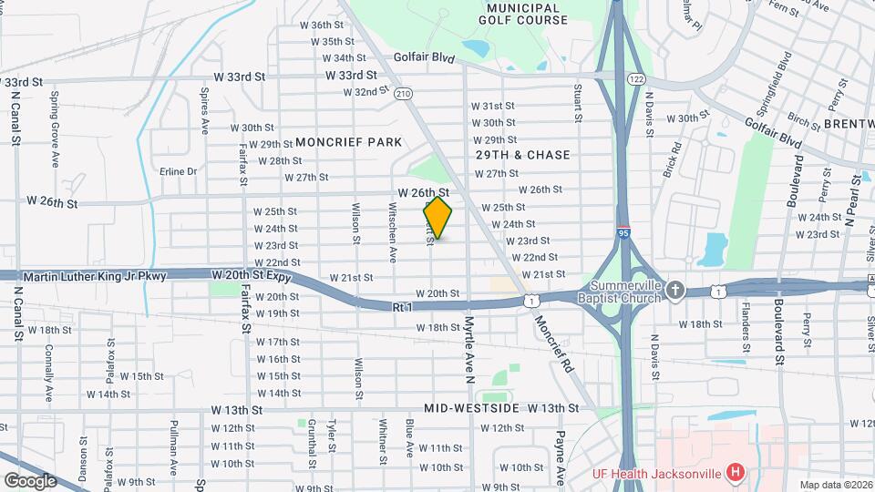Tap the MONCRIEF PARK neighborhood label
pyautogui.click(x=348, y=143)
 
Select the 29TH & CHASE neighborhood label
pyautogui.click(x=523, y=155)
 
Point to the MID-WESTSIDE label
pyautogui.click(x=472, y=409)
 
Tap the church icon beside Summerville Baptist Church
pyautogui.click(x=674, y=289)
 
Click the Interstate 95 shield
pyautogui.click(x=624, y=233)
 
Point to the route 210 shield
pyautogui.click(x=405, y=93)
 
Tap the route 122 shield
pyautogui.click(x=635, y=79)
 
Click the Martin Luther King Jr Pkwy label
pyautogui.click(x=95, y=275)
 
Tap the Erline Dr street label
pyautogui.click(x=178, y=171)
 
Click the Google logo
pyautogui.click(x=30, y=481)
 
